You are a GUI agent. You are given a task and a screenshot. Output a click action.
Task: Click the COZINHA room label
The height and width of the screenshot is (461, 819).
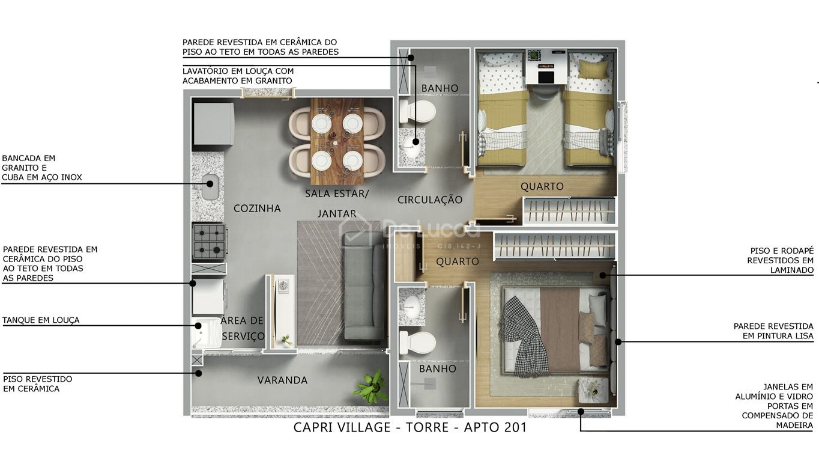tap(257, 209)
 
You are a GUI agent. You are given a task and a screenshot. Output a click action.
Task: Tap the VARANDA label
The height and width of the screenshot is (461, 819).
tap(282, 380)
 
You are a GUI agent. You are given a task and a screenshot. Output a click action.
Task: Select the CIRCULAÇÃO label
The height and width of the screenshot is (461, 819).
tap(430, 200)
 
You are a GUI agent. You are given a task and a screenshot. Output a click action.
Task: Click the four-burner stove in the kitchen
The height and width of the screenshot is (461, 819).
tap(210, 242)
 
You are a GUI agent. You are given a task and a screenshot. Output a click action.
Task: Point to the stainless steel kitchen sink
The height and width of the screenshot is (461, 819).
tap(210, 186)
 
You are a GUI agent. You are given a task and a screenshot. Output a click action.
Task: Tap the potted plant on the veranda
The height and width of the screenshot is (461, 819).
tap(372, 387)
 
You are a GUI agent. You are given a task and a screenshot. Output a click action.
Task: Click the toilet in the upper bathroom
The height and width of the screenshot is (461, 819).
tap(417, 111)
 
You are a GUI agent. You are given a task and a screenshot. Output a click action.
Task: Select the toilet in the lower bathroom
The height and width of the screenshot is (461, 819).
tap(417, 343)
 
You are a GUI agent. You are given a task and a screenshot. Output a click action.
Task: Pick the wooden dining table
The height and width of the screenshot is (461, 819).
tap(337, 141)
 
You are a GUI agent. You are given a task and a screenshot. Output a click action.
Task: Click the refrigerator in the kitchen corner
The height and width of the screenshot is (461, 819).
tap(214, 124)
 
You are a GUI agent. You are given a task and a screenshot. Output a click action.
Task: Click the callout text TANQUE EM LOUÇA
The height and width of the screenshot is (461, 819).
tap(41, 320)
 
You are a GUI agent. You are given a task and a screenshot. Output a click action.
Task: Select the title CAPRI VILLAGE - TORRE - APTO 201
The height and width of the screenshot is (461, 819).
tap(410, 427)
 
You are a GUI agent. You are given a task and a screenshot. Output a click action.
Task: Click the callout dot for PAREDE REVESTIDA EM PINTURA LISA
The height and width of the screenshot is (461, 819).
tap(618, 342)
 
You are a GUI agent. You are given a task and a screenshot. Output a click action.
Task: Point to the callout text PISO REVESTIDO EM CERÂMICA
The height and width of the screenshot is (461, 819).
tap(38, 384)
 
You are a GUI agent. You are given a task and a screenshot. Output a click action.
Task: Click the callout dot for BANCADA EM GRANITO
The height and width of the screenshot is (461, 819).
tap(210, 184)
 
